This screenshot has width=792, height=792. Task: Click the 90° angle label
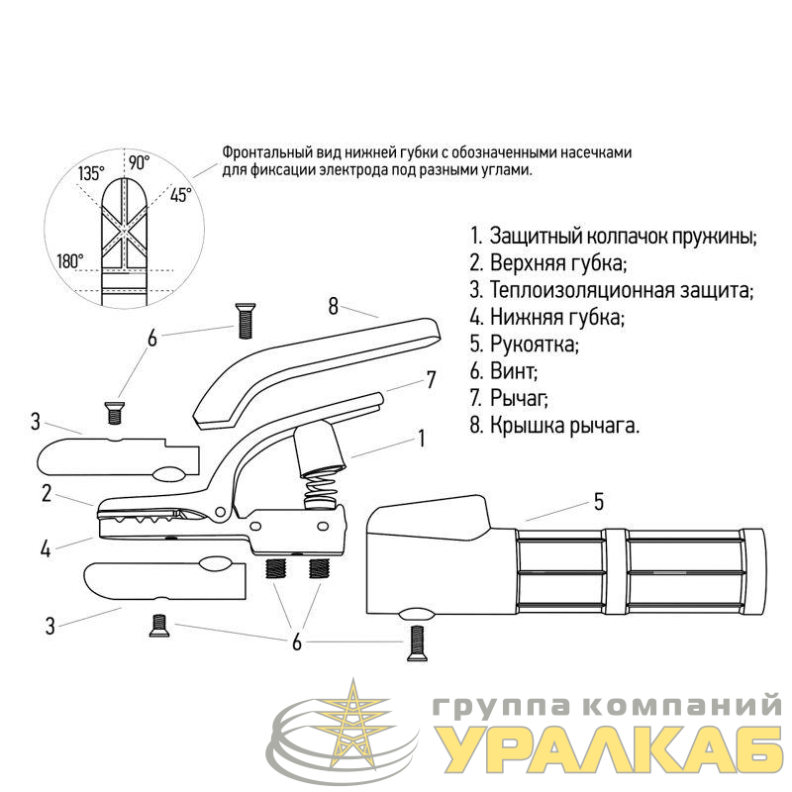[x=139, y=162]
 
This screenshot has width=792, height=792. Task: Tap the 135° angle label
[x=91, y=174]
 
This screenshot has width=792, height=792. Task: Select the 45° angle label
[x=181, y=194]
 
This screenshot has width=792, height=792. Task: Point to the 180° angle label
[x=70, y=261]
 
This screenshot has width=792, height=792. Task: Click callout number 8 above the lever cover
[x=333, y=307]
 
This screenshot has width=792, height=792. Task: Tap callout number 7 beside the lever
[x=431, y=380]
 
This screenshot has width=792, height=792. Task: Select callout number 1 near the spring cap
[x=422, y=439]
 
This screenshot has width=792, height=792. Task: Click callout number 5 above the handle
[x=599, y=502]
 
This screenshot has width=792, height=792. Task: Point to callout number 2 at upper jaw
[x=47, y=493]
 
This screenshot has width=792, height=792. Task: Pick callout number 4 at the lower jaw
[x=46, y=548]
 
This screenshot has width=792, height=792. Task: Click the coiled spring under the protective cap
[x=320, y=492]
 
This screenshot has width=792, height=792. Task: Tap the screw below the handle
[x=416, y=643]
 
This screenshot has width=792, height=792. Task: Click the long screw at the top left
[x=245, y=321]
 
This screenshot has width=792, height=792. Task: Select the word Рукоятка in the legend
[x=534, y=345]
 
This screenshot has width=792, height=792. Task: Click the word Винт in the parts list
[x=513, y=372]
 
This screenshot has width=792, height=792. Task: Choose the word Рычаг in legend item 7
[x=519, y=399]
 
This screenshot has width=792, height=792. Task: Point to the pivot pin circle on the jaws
[x=220, y=512]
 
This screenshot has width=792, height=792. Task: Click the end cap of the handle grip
[x=753, y=571]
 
